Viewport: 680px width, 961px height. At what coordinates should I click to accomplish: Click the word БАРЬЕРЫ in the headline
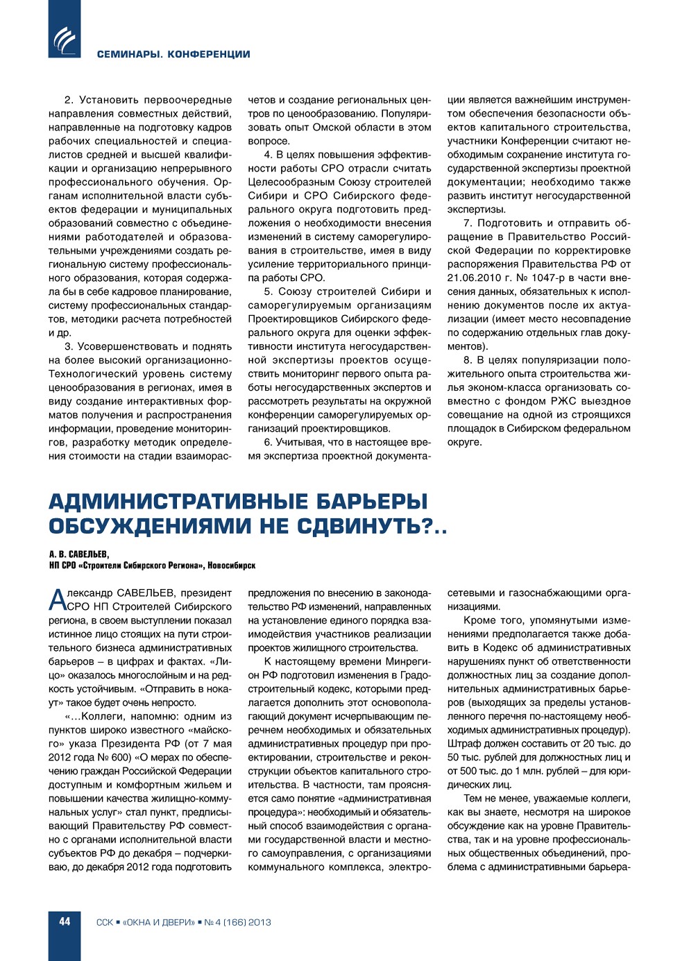click(x=372, y=501)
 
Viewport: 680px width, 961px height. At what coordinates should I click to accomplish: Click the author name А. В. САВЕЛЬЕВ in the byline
click(x=79, y=554)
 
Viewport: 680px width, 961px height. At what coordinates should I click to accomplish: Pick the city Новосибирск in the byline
click(x=232, y=565)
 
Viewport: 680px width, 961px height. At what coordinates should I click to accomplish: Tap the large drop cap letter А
click(x=57, y=600)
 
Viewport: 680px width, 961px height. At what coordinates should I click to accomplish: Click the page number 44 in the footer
click(x=65, y=921)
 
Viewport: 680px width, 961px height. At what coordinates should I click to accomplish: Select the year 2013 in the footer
click(x=259, y=922)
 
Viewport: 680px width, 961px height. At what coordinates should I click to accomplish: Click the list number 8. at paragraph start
click(x=468, y=360)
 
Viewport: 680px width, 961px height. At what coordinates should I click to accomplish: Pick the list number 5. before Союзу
click(x=269, y=291)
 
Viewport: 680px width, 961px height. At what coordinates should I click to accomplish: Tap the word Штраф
click(x=463, y=743)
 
